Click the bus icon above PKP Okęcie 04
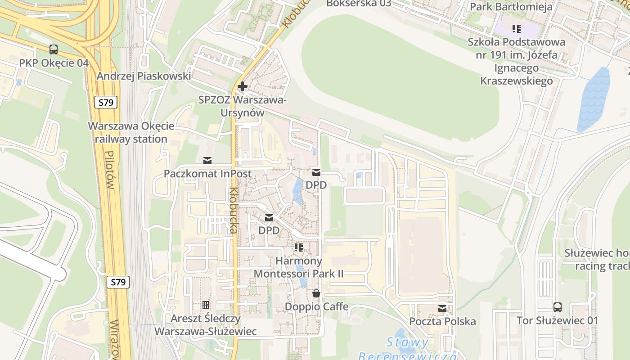click(x=54, y=49)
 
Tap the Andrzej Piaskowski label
click(x=144, y=76)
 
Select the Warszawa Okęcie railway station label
click(x=131, y=132)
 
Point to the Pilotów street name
click(x=109, y=170)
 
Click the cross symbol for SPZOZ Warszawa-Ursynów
click(x=243, y=86)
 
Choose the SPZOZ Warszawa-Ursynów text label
click(x=243, y=106)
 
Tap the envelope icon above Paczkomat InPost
click(x=207, y=160)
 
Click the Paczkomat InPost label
click(x=207, y=174)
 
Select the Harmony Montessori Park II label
click(x=299, y=267)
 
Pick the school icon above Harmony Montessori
click(x=298, y=247)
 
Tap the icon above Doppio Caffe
click(x=316, y=293)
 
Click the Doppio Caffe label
click(x=316, y=306)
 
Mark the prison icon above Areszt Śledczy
click(x=206, y=305)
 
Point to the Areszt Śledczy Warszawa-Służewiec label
click(x=206, y=325)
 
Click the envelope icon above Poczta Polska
click(x=442, y=308)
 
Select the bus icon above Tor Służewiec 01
click(x=558, y=307)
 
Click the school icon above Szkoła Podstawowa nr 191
click(x=517, y=29)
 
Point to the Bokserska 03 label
click(x=359, y=4)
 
